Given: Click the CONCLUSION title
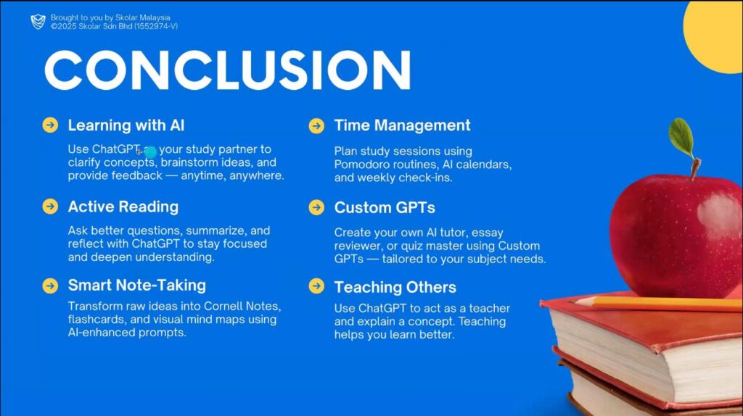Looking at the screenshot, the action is tap(227, 70).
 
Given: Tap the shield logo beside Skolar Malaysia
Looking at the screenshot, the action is tap(38, 21).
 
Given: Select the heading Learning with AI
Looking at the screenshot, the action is tap(126, 125).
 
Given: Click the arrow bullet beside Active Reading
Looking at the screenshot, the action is tap(50, 207).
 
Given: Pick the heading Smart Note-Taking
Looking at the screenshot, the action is tap(137, 285).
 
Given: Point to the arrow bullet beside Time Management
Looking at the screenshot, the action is tap(316, 126).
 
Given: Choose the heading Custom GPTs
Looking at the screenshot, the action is tap(385, 207).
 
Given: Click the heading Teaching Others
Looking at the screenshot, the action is tap(395, 287).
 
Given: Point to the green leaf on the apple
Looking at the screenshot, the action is tap(681, 136).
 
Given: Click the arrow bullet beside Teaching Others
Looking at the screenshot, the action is tap(316, 286).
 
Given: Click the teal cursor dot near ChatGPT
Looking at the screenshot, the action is tap(150, 152).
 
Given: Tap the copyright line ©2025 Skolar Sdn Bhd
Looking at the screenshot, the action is tap(114, 27).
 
